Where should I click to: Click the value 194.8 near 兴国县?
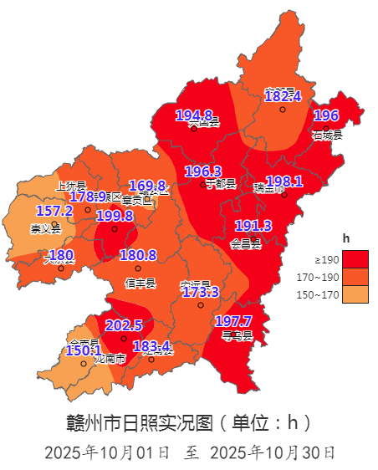click(x=193, y=115)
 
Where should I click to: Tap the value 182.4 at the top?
click(x=282, y=97)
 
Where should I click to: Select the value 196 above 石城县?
click(x=325, y=115)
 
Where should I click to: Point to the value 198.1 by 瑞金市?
click(x=283, y=181)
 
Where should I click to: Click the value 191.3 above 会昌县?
click(x=253, y=226)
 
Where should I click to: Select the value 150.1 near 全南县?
click(x=83, y=350)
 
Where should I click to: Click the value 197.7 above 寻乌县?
click(x=233, y=321)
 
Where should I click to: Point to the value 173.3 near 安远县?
click(x=200, y=292)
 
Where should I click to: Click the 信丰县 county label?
click(x=140, y=283)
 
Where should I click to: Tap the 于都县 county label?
click(x=220, y=184)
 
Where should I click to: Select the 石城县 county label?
click(x=327, y=134)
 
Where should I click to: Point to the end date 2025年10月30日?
click(x=273, y=452)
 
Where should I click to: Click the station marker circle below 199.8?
click(x=115, y=228)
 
